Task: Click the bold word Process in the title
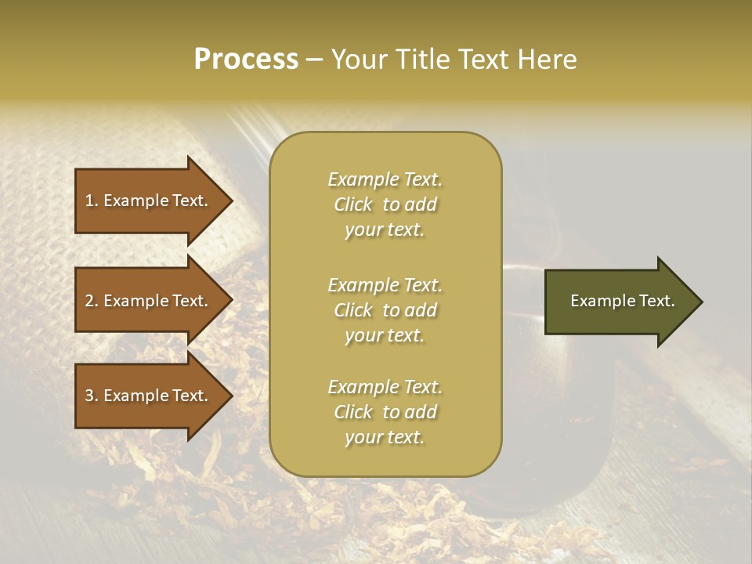tap(246, 60)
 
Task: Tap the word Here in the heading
tap(547, 60)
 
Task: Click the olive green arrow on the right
tap(619, 302)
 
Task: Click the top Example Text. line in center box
tap(385, 179)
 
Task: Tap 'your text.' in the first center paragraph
tap(385, 230)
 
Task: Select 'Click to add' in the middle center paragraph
tap(385, 310)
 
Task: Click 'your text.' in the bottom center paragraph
tap(385, 438)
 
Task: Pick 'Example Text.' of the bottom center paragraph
tap(385, 387)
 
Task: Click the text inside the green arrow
tap(622, 301)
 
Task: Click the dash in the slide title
tap(315, 61)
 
